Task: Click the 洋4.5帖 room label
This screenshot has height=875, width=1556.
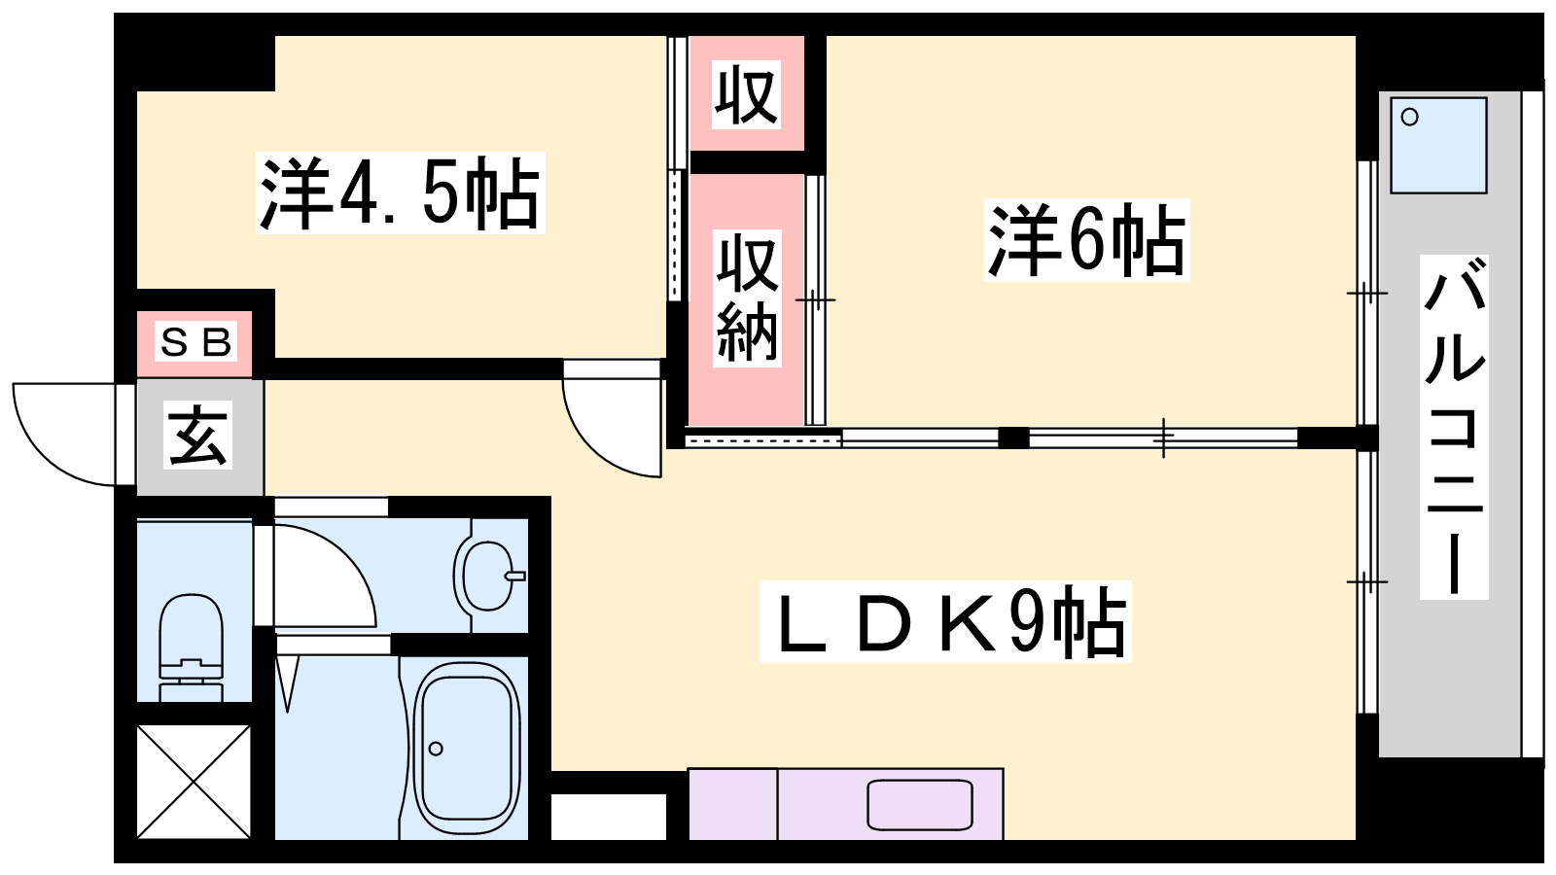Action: point(400,193)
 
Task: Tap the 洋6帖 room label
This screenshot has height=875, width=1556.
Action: point(1086,239)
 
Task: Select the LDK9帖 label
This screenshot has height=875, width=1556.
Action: point(944,621)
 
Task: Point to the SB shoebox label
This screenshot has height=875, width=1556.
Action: point(195,341)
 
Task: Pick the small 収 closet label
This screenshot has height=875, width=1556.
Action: point(746,94)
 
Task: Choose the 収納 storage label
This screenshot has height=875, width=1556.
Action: point(747,297)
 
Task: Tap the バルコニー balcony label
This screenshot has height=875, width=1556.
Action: point(1454,427)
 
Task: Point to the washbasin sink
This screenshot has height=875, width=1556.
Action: point(489,576)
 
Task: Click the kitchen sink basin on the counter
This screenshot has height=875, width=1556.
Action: point(920,804)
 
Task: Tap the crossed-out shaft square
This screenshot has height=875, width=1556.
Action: point(194,782)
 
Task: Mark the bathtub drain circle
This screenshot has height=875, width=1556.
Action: point(436,749)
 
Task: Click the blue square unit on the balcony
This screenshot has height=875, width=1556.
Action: point(1438,145)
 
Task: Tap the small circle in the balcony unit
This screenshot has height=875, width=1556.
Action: point(1409,117)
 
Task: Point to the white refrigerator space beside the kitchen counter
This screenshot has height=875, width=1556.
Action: point(609,817)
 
